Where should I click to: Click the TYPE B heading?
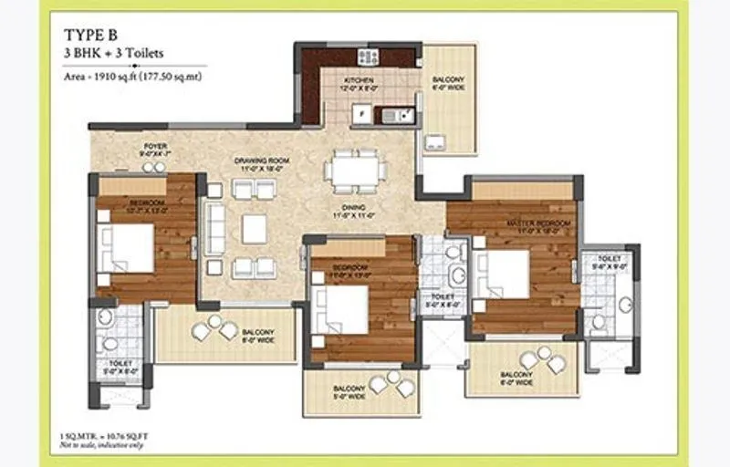89,35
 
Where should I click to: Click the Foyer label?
155,150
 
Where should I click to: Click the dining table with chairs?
355,171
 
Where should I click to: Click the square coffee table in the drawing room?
254,229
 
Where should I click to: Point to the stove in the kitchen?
369,57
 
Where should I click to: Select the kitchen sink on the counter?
393,116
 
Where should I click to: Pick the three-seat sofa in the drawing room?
214,228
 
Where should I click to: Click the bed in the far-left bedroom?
126,247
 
